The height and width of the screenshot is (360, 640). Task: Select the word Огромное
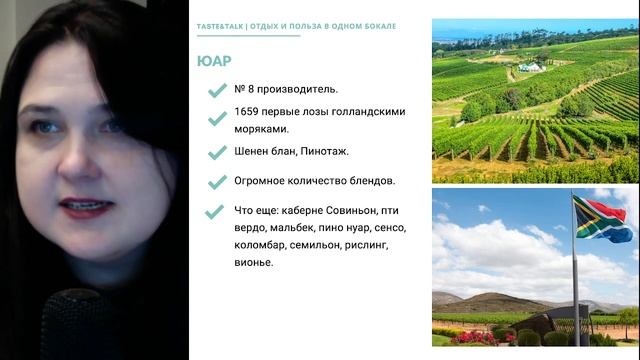[263, 181]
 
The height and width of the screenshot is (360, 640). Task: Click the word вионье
[253, 262]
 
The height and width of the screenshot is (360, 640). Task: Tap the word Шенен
[253, 151]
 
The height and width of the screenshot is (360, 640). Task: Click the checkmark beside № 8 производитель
[216, 90]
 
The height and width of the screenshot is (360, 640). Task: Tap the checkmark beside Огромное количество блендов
[216, 182]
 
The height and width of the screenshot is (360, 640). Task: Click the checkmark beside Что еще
[213, 212]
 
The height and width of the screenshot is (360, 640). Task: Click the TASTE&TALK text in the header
[219, 24]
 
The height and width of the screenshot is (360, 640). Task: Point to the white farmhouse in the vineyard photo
[530, 67]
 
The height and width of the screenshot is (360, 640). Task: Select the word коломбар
[267, 245]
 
